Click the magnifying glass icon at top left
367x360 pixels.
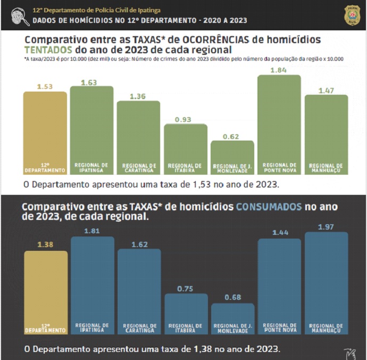(20, 16)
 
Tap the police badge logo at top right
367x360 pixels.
(352, 15)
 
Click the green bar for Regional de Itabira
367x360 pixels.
(185, 149)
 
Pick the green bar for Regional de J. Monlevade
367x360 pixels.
(232, 158)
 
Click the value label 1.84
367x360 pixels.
(279, 70)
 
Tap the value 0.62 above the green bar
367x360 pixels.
(232, 137)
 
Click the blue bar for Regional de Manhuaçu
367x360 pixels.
(326, 283)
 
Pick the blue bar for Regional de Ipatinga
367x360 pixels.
(92, 285)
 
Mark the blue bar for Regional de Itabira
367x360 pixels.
(186, 314)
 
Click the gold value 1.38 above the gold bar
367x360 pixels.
(46, 245)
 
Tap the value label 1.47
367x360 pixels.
(326, 91)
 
